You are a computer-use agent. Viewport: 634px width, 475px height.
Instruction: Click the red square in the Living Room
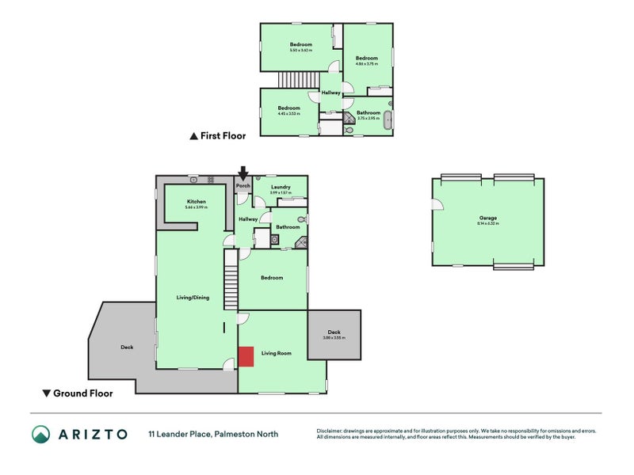[246, 356]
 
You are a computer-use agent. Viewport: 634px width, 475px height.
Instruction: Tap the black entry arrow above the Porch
[243, 173]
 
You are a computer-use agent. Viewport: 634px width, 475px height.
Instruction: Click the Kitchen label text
[197, 202]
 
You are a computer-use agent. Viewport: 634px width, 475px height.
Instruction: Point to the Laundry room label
[281, 188]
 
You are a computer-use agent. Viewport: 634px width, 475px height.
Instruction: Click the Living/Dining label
[193, 298]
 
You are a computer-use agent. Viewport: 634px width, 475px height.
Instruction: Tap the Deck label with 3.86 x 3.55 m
[334, 333]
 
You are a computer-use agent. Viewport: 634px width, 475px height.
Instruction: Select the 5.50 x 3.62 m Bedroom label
[300, 44]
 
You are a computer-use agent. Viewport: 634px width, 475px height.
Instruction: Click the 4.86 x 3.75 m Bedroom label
[366, 58]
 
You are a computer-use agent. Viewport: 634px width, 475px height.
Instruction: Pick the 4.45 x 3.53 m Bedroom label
[288, 108]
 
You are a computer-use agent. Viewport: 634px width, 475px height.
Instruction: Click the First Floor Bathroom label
[369, 113]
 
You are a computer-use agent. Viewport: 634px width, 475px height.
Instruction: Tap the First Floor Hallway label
[330, 93]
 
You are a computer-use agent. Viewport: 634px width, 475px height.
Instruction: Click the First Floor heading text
[223, 136]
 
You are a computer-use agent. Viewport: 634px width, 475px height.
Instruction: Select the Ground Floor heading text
[82, 393]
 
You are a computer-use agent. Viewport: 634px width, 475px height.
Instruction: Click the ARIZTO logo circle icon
[41, 434]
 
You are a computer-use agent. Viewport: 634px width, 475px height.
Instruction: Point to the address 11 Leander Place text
[212, 434]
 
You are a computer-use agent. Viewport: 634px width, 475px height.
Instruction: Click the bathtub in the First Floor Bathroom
[388, 120]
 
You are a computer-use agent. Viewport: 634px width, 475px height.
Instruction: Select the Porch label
[243, 186]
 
